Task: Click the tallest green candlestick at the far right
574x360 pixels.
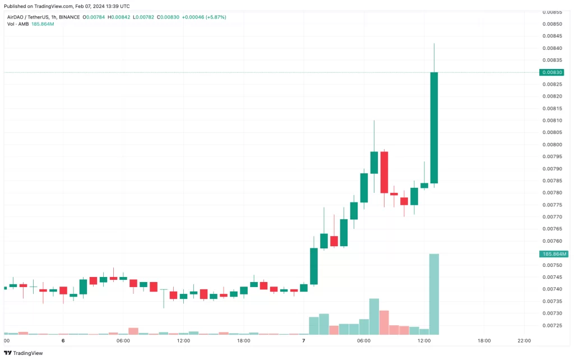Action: (x=434, y=127)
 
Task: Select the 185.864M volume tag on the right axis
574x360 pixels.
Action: (x=554, y=254)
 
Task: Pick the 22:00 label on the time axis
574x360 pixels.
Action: (x=524, y=340)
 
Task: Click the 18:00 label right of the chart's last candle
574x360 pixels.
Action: (x=484, y=340)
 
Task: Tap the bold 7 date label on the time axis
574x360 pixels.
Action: (x=303, y=340)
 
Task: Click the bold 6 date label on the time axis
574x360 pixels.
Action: (x=63, y=340)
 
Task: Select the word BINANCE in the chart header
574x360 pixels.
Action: (x=69, y=17)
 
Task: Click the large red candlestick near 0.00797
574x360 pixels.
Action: (x=384, y=172)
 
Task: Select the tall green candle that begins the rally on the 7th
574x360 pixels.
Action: (x=314, y=266)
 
